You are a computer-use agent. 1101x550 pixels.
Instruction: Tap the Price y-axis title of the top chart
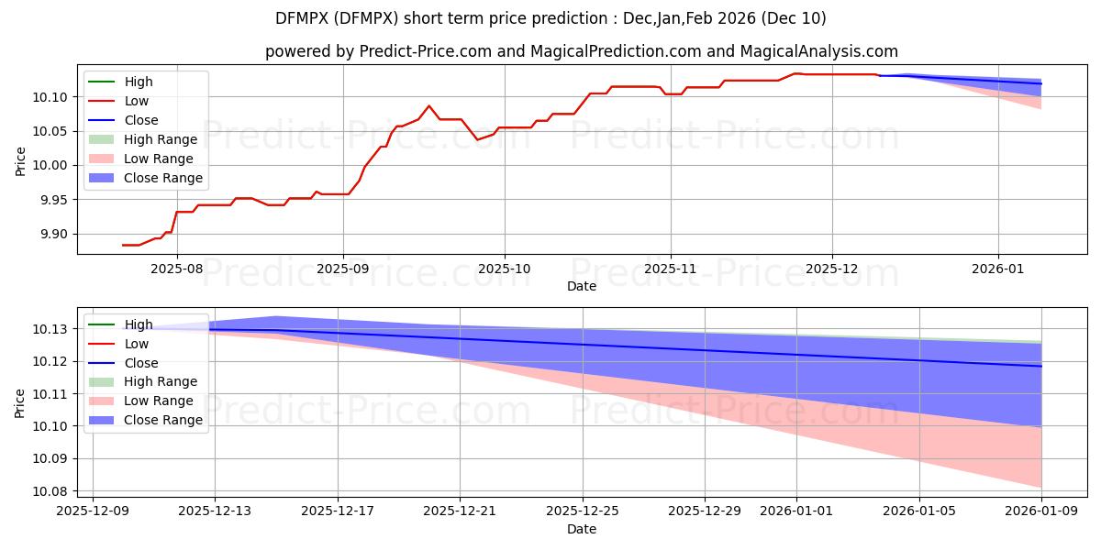click(20, 161)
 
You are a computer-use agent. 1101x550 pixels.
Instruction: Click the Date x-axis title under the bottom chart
click(581, 530)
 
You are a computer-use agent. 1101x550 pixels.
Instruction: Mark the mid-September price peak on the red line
click(428, 105)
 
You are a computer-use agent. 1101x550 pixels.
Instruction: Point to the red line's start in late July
click(123, 245)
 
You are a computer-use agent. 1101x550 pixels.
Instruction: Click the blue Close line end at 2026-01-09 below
click(1041, 367)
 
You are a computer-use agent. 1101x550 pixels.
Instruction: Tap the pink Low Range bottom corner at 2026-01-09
click(1041, 487)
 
